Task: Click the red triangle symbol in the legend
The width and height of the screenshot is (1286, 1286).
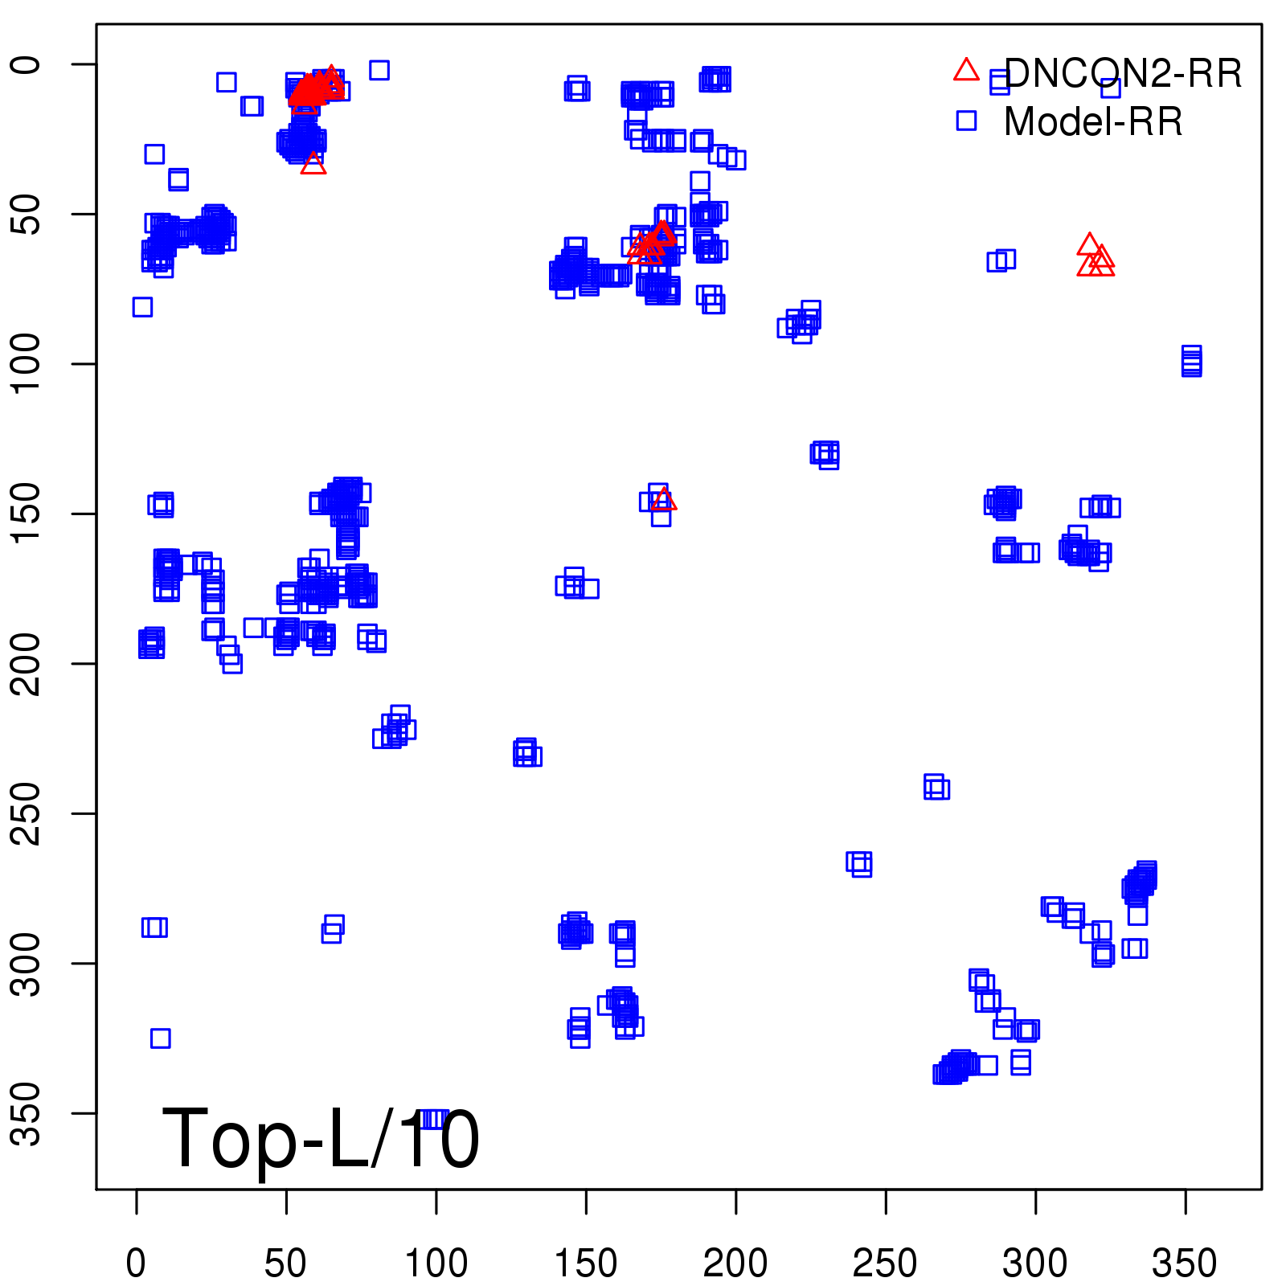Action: pyautogui.click(x=966, y=71)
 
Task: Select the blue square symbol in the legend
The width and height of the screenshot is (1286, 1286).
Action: pyautogui.click(x=966, y=121)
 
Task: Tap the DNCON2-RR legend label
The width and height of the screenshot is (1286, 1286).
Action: pyautogui.click(x=1123, y=74)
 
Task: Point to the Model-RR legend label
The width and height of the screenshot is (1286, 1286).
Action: pyautogui.click(x=1093, y=122)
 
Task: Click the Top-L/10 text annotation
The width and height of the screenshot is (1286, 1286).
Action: pyautogui.click(x=321, y=1139)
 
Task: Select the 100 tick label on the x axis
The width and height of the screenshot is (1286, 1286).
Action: pyautogui.click(x=436, y=1263)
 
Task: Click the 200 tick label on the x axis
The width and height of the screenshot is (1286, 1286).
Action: pyautogui.click(x=735, y=1263)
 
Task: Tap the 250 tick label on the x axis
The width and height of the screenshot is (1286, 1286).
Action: pyautogui.click(x=885, y=1263)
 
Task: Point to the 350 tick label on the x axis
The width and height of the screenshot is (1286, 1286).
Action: pyautogui.click(x=1185, y=1263)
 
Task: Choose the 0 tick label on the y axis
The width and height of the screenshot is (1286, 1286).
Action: pyautogui.click(x=27, y=64)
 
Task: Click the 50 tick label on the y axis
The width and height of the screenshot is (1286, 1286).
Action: pyautogui.click(x=27, y=214)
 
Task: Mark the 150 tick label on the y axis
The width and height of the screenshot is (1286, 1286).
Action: pyautogui.click(x=27, y=514)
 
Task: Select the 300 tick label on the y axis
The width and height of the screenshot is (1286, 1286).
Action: pyautogui.click(x=27, y=963)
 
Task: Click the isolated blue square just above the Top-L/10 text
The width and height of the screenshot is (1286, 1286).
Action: pyautogui.click(x=160, y=1038)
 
